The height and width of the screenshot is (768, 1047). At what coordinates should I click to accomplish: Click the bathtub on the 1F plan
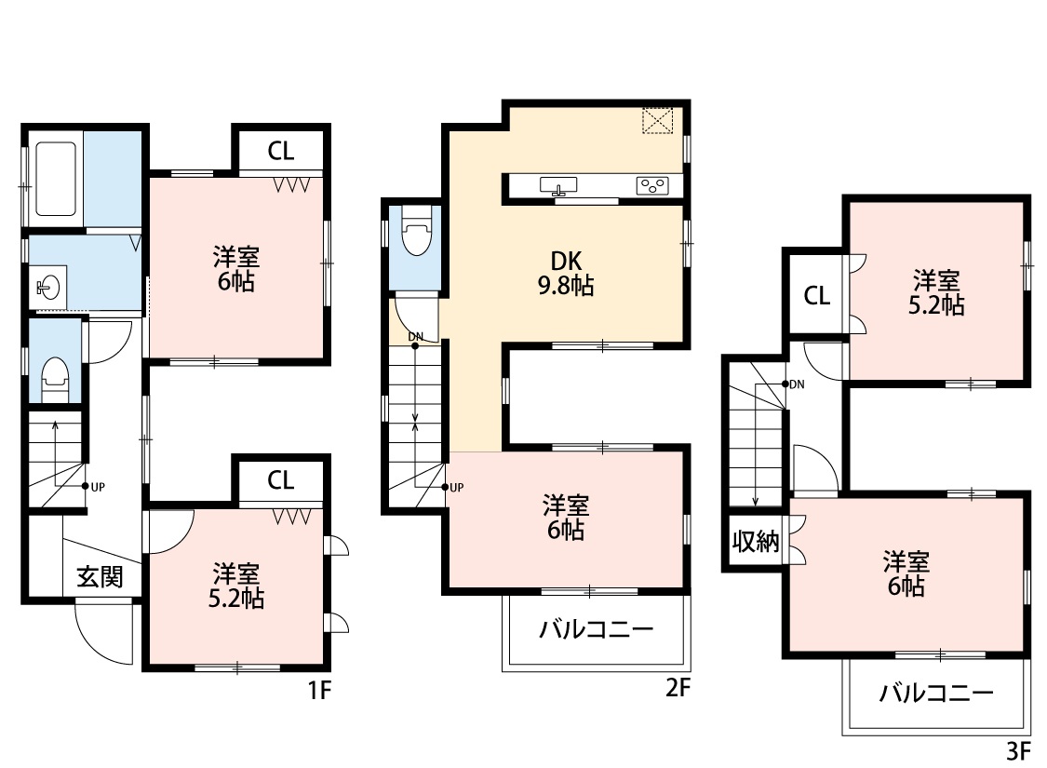pyautogui.click(x=55, y=179)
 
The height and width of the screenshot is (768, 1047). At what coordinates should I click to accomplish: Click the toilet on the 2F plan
pyautogui.click(x=417, y=231)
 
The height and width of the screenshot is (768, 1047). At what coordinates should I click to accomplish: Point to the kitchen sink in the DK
pyautogui.click(x=558, y=186)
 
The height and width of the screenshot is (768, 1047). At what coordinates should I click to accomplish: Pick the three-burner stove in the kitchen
pyautogui.click(x=652, y=185)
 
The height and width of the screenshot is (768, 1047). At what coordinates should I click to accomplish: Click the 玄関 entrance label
pyautogui.click(x=100, y=576)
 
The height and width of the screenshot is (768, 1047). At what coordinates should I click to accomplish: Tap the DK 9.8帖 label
pyautogui.click(x=566, y=273)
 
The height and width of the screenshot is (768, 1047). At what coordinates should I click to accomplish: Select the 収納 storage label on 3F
pyautogui.click(x=756, y=541)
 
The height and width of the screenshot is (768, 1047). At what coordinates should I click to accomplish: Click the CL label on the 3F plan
pyautogui.click(x=816, y=295)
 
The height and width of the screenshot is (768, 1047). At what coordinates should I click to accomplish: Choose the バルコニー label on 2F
pyautogui.click(x=597, y=629)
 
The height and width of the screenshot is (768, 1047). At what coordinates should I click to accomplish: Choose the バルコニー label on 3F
pyautogui.click(x=936, y=693)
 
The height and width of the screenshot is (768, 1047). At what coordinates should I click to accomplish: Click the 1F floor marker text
pyautogui.click(x=320, y=690)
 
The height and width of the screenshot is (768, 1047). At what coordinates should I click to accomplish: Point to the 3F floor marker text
pyautogui.click(x=1019, y=751)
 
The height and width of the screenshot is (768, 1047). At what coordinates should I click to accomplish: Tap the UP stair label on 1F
pyautogui.click(x=98, y=487)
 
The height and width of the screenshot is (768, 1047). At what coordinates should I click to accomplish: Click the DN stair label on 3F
pyautogui.click(x=797, y=384)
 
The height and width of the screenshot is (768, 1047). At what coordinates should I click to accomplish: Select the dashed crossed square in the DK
pyautogui.click(x=658, y=121)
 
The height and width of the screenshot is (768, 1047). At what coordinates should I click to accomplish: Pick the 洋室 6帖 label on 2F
pyautogui.click(x=566, y=518)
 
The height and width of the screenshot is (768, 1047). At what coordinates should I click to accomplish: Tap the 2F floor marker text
pyautogui.click(x=678, y=687)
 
